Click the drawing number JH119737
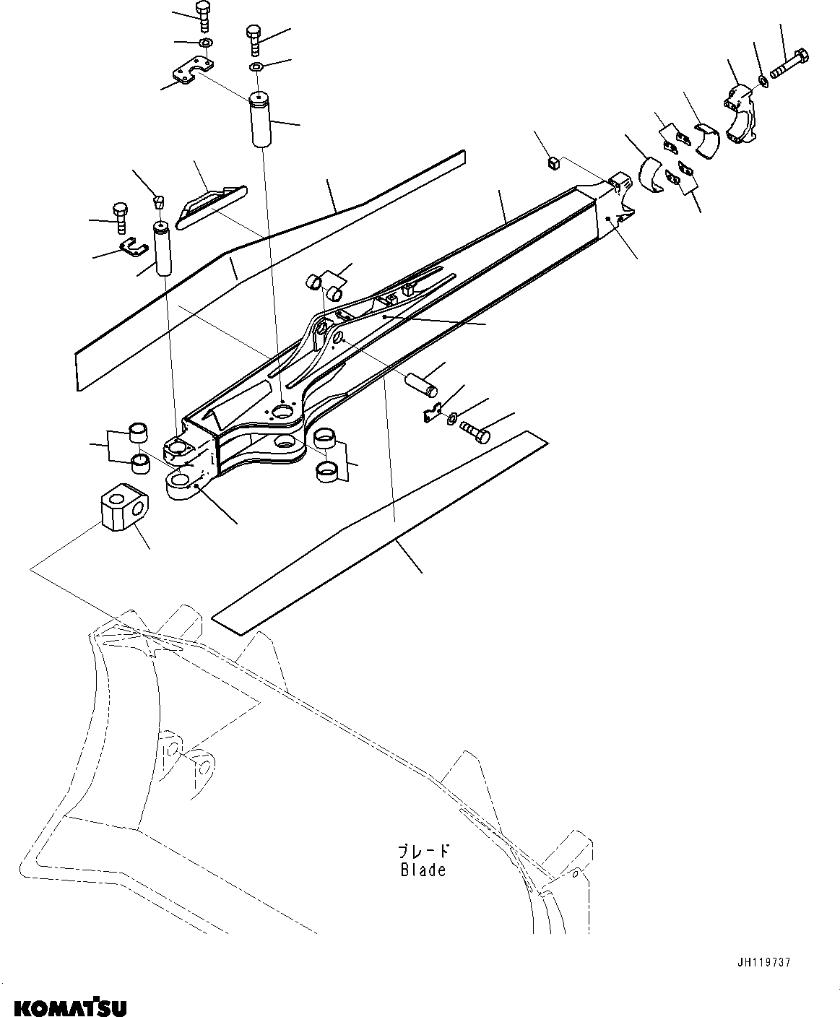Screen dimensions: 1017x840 pos(764,962)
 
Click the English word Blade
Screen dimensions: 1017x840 pos(423,870)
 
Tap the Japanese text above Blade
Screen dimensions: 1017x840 pos(424,852)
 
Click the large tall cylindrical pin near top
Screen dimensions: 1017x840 pos(260,119)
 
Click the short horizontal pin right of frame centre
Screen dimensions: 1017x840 pos(422,384)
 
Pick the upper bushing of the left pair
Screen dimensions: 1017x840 pos(138,433)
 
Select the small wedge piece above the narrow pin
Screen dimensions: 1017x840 pos(160,199)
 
